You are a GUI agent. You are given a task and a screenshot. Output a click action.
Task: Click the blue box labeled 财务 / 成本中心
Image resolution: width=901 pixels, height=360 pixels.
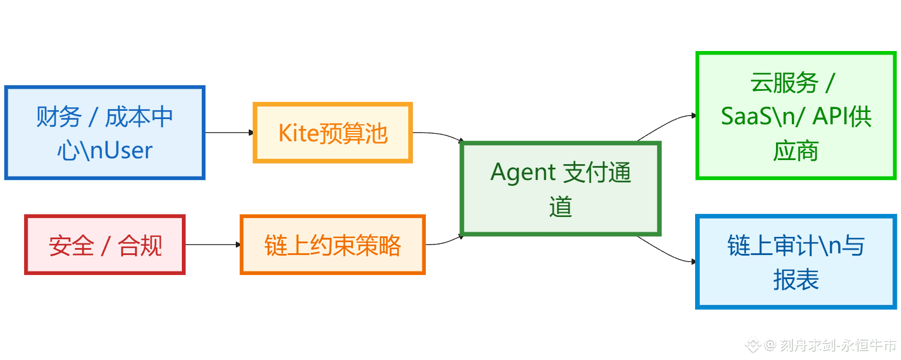coord(104,133)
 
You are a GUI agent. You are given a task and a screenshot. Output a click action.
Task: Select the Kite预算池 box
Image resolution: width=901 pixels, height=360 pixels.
coord(333,133)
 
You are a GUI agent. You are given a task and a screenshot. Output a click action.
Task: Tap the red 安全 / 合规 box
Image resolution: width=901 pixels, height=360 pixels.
coord(104,244)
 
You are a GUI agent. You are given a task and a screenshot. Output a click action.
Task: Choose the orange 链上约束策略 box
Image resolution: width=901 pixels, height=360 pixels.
coord(332,244)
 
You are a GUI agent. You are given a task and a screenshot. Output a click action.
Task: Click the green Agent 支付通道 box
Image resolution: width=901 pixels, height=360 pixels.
coord(560,188)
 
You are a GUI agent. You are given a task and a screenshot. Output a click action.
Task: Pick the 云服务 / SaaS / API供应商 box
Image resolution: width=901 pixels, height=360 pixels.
coord(795,116)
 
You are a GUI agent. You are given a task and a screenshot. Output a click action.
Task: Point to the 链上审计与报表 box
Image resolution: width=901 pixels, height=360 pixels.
coord(795,261)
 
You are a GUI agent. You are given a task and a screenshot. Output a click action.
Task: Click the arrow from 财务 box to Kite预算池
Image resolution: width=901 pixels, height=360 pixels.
coord(229,133)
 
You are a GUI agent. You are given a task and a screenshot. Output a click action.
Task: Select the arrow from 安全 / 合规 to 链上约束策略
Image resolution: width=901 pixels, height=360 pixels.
coord(212,244)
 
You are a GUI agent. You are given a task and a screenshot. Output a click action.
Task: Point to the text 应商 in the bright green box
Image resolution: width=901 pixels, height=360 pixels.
coord(795,151)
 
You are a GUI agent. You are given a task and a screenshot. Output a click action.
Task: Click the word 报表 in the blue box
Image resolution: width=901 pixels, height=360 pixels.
coord(795,280)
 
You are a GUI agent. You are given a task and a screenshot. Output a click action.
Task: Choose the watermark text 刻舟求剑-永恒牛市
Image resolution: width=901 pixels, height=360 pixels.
coord(838,345)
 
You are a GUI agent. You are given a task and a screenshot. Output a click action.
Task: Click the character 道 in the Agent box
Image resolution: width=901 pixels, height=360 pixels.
coord(561,207)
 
